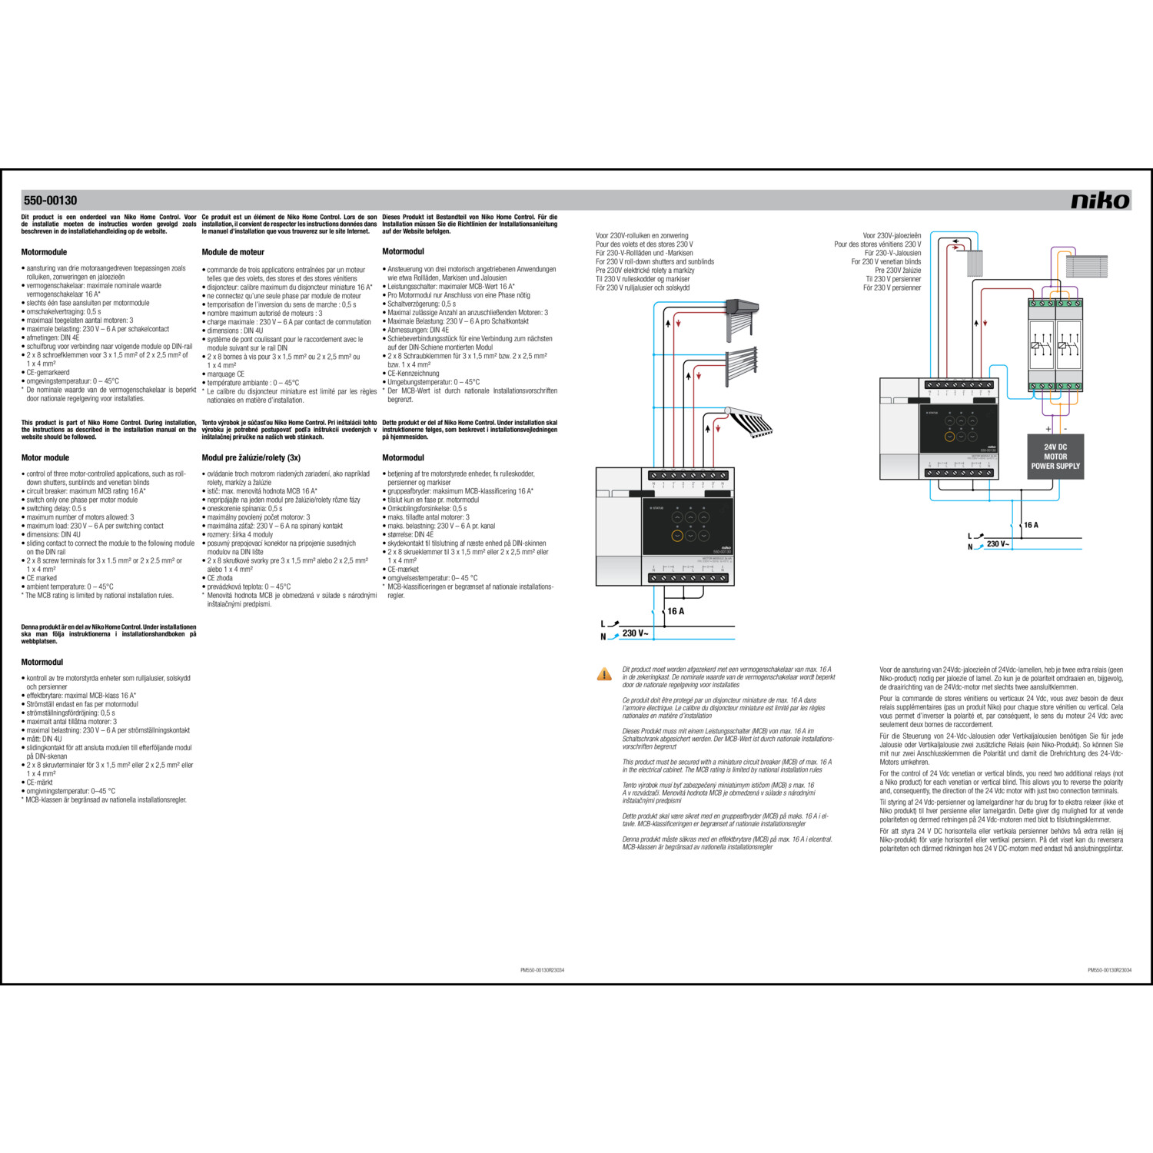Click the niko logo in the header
[1100, 201]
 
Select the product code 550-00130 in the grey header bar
[50, 201]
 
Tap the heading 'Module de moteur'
[233, 252]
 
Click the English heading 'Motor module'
[45, 457]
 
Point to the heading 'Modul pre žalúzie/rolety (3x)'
[251, 457]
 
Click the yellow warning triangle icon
[604, 674]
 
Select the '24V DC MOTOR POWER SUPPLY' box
[1055, 457]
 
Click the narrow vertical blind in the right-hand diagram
[974, 263]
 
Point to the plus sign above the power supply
[1048, 429]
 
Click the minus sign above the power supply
[1065, 429]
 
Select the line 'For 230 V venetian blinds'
[886, 261]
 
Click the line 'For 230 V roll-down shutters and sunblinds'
[654, 261]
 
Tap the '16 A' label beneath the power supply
[1031, 525]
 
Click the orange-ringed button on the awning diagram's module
[677, 536]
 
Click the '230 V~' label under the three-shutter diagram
[635, 633]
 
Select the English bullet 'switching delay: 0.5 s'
[56, 508]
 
